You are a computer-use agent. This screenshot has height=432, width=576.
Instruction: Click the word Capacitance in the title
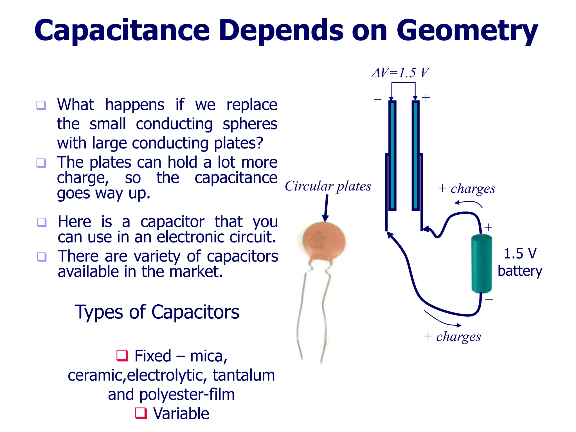click(122, 30)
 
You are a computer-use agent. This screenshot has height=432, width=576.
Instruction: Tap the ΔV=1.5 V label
click(400, 73)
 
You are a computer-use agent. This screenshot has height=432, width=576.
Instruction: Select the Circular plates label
click(328, 186)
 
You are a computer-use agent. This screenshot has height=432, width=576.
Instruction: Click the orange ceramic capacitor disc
click(324, 240)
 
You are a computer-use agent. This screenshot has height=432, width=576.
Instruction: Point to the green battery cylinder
click(481, 264)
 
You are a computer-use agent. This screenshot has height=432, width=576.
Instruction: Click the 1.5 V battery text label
click(520, 262)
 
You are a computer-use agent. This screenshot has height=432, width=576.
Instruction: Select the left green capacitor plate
click(392, 155)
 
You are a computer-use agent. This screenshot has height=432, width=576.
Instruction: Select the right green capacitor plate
click(415, 155)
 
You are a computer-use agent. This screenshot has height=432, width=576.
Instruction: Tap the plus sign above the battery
click(488, 227)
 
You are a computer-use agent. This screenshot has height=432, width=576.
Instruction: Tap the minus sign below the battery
click(489, 300)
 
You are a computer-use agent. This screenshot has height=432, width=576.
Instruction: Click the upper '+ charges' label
click(467, 189)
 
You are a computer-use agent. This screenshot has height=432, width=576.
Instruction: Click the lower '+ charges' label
click(452, 336)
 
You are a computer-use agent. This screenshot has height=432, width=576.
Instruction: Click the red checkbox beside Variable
click(141, 413)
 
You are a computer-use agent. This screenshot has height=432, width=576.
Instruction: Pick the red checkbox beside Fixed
click(122, 355)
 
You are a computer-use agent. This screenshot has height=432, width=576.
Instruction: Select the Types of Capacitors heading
click(157, 312)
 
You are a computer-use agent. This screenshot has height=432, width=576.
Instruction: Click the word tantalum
click(244, 375)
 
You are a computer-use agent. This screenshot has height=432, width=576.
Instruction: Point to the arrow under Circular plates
click(326, 208)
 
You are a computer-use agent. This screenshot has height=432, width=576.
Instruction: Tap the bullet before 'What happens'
click(41, 105)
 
